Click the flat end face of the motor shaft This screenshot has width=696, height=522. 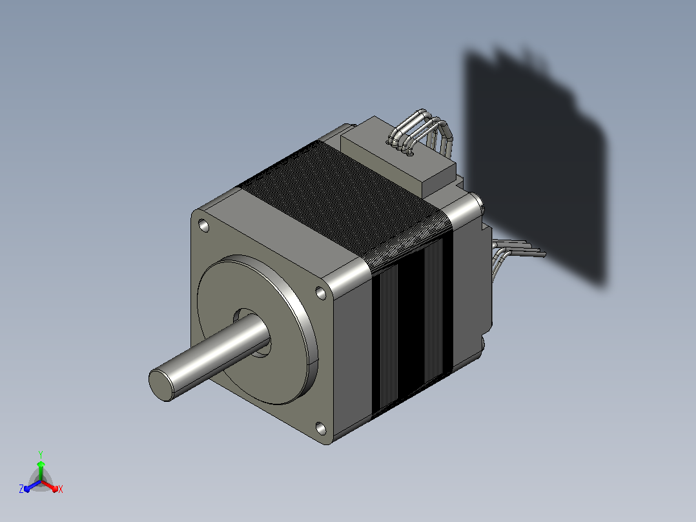click(160, 385)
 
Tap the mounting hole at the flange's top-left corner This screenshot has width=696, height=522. click(204, 225)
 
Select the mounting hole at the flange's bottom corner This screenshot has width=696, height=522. click(321, 428)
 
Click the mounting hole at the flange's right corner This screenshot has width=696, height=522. click(320, 293)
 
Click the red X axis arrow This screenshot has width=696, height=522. click(49, 486)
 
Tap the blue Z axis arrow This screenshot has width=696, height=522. click(32, 486)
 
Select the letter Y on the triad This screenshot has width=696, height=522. click(41, 455)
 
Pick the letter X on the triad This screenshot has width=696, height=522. click(61, 489)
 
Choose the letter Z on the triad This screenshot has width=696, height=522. click(21, 489)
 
